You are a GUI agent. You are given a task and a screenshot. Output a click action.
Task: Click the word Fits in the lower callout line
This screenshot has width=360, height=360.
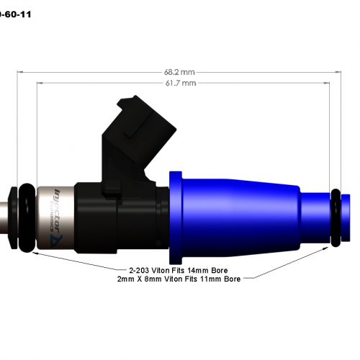pyautogui.click(x=196, y=278)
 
